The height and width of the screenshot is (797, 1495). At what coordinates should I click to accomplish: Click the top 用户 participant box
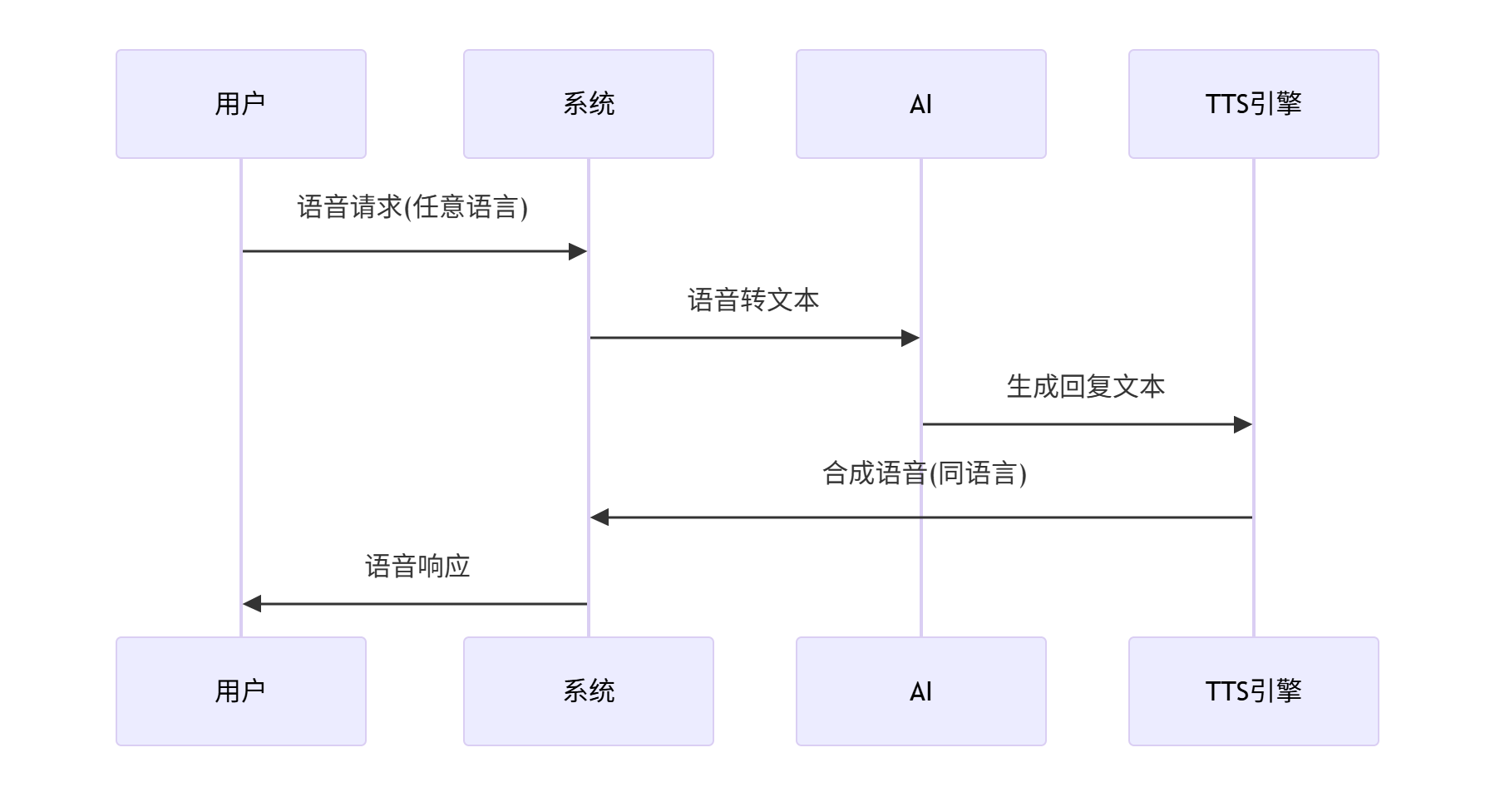click(240, 104)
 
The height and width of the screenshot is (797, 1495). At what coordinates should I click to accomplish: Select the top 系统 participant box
click(588, 104)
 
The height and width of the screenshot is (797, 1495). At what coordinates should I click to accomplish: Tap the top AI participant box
click(920, 104)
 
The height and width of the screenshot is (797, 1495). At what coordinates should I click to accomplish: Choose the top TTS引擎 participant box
click(1253, 104)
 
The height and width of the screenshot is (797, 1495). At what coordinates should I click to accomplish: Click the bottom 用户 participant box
click(240, 691)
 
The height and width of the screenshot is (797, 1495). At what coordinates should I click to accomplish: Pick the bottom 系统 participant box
click(588, 691)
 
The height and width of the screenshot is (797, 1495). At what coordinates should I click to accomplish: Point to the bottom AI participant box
click(920, 691)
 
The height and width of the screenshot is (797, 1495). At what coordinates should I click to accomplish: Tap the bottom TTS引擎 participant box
click(1253, 691)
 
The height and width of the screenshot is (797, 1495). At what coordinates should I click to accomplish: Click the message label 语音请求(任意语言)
click(412, 207)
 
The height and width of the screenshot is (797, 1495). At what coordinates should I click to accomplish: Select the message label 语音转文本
click(753, 300)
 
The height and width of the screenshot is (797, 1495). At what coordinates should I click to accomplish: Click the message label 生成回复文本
click(1086, 387)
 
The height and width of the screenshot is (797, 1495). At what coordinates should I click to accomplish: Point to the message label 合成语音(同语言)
click(925, 473)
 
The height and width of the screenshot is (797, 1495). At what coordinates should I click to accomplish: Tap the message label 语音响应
click(417, 567)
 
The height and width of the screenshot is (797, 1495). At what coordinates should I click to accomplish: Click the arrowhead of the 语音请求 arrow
click(579, 251)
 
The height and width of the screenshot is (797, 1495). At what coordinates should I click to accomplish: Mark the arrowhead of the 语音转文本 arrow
click(911, 338)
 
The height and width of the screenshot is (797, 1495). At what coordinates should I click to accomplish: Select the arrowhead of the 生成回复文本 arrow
click(1244, 424)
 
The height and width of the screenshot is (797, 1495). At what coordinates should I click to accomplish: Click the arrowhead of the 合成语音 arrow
click(599, 517)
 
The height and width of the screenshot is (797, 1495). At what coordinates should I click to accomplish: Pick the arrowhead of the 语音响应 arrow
click(251, 604)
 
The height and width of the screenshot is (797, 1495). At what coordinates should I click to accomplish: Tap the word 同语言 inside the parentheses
click(978, 473)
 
